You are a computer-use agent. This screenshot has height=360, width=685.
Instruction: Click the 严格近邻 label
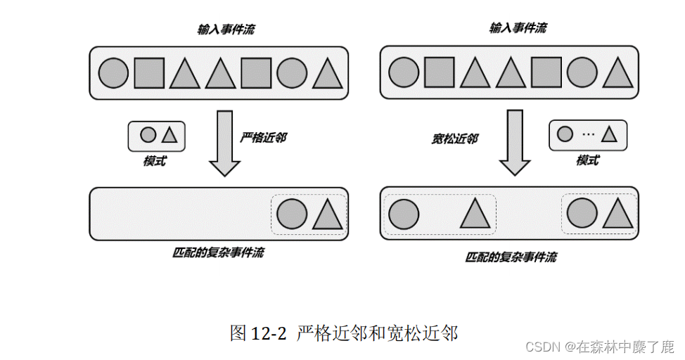tap(263, 138)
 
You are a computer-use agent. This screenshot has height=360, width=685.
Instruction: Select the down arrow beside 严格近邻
tap(225, 143)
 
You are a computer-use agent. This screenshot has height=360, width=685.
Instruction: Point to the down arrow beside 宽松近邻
tap(515, 143)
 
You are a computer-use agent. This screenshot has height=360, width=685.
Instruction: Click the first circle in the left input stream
tap(113, 73)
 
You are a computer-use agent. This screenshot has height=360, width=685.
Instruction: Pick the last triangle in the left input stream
tap(326, 73)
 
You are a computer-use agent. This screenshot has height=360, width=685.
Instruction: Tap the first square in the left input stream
tap(149, 73)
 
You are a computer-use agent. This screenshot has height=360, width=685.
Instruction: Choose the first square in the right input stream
tap(440, 73)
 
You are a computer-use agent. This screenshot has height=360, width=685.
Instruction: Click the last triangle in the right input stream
tap(617, 73)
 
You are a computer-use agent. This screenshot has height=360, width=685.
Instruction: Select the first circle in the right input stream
tap(404, 73)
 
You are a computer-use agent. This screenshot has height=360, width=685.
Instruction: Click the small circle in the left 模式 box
tap(148, 134)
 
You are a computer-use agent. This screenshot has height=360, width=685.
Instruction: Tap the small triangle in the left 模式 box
tap(169, 134)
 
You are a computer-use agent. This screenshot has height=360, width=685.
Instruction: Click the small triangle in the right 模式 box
tap(609, 134)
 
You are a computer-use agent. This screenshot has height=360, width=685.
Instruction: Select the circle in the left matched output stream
tap(291, 214)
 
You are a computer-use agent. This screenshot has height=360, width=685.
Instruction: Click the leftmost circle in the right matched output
tap(404, 214)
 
